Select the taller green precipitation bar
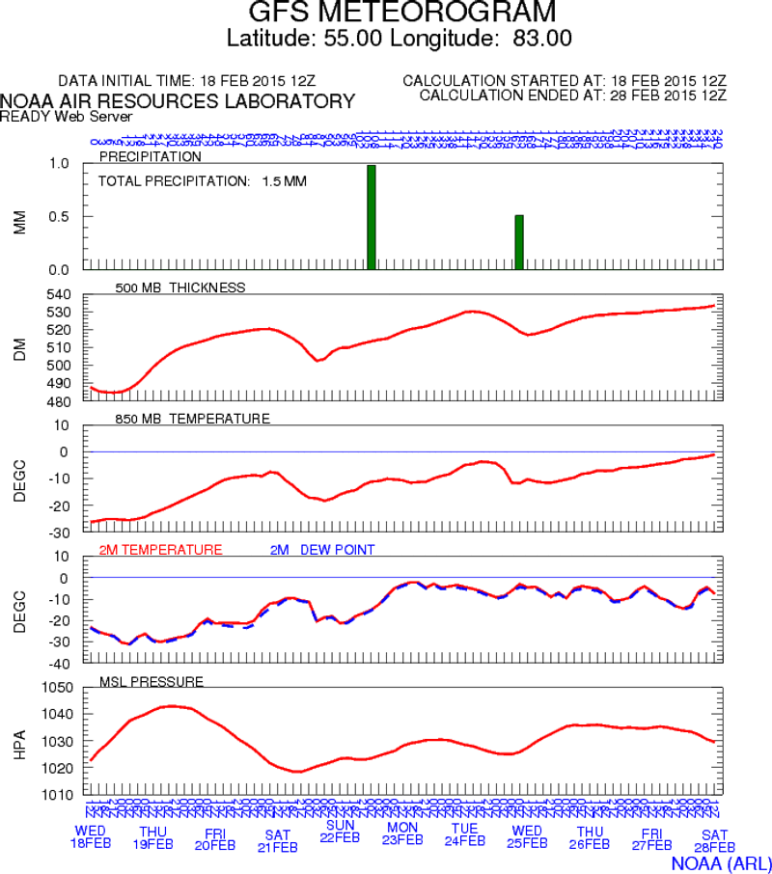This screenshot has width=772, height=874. [x=372, y=217]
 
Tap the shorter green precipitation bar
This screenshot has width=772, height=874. [x=519, y=241]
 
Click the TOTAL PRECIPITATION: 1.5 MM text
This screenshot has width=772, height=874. [x=203, y=180]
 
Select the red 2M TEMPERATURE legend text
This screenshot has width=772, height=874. [x=161, y=549]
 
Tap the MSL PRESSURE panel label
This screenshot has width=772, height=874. [x=152, y=681]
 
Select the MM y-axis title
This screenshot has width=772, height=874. [x=19, y=223]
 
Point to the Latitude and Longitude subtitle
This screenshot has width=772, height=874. [x=399, y=39]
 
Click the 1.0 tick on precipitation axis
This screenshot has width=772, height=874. [x=61, y=164]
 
